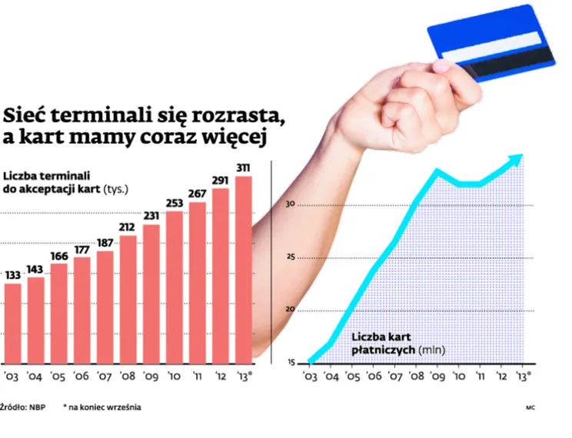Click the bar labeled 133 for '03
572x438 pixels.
point(12,323)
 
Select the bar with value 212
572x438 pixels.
point(128,300)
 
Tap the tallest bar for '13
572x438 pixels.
point(244,269)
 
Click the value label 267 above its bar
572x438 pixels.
point(198,194)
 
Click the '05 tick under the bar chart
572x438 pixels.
point(58,377)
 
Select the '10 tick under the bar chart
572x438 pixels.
point(175,377)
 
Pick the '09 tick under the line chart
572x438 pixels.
point(437,377)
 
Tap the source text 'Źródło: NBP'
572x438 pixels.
point(22,407)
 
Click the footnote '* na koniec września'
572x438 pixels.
point(101,407)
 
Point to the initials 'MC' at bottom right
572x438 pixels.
point(530,408)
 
